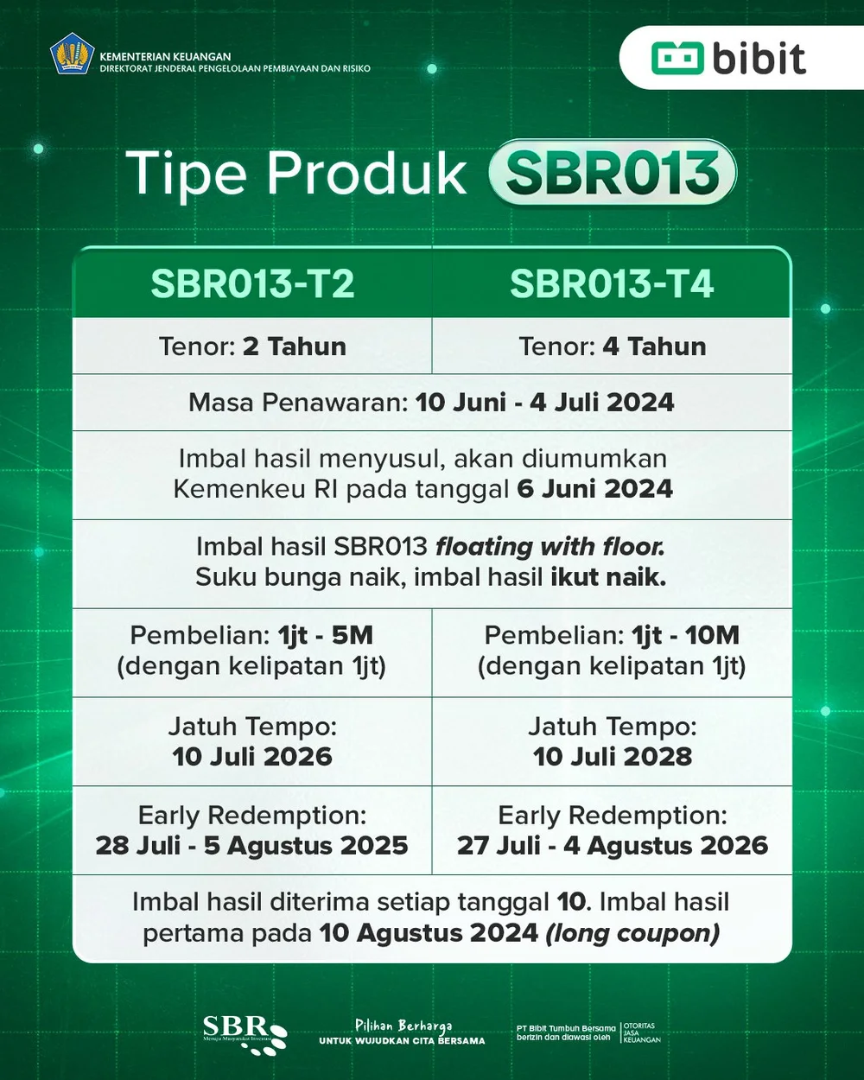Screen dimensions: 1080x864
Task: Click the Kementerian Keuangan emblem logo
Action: coord(71,54)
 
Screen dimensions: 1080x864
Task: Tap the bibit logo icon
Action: coord(678,58)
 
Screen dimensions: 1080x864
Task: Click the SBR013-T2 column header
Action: coord(252,283)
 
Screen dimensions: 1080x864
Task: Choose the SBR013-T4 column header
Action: coord(612,283)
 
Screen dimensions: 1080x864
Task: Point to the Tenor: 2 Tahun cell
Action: coord(252,346)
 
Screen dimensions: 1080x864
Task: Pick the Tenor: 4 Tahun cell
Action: coord(612,346)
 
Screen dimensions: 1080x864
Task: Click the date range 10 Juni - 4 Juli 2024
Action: coord(544,403)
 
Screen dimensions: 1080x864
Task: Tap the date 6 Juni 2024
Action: coord(594,489)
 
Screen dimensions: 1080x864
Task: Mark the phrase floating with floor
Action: coord(550,547)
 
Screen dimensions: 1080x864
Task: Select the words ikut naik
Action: coord(608,577)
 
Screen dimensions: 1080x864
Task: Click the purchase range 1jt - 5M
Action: coord(326,636)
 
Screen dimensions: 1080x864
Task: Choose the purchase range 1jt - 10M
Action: coord(686,636)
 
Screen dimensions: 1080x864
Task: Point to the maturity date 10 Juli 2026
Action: coord(252,757)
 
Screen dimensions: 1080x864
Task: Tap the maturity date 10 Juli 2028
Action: coord(613,757)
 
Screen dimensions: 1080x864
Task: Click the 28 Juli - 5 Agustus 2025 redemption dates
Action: coord(252,846)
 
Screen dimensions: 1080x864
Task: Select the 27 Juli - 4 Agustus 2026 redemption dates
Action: coord(613,846)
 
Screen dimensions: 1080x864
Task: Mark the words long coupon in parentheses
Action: coord(632,934)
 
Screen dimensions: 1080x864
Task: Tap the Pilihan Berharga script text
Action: coord(403,1026)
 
